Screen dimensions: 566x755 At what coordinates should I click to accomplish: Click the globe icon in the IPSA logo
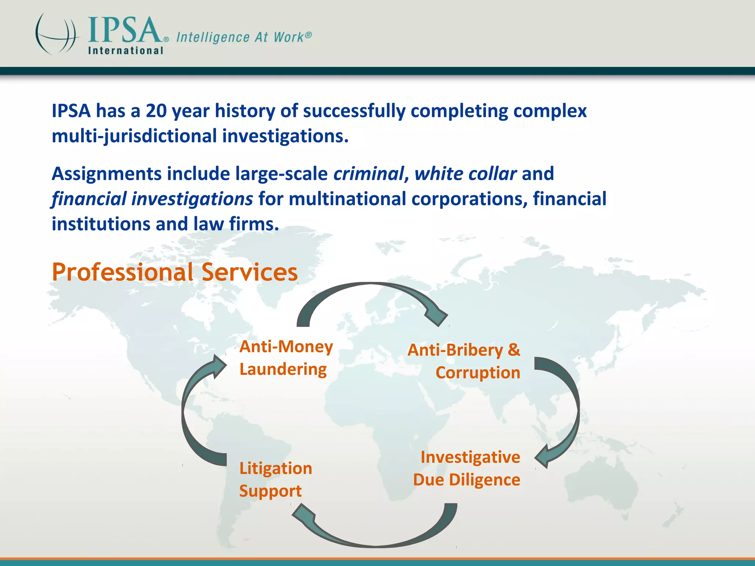click(57, 34)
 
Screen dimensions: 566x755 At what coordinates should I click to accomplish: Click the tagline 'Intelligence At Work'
click(244, 37)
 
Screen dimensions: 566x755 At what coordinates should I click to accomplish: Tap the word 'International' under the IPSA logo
click(125, 50)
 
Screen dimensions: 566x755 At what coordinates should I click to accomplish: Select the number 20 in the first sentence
click(156, 111)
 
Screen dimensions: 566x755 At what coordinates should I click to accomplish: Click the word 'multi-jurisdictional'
click(134, 136)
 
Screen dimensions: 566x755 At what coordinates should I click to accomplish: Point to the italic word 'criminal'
click(369, 174)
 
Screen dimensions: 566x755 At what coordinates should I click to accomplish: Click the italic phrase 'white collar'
click(465, 174)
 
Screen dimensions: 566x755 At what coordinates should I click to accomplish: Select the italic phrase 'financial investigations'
click(152, 199)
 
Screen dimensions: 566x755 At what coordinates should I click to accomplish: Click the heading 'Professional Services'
click(174, 272)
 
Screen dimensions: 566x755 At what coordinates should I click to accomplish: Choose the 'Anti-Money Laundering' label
click(286, 358)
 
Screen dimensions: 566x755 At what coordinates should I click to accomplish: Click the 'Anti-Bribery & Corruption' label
click(464, 361)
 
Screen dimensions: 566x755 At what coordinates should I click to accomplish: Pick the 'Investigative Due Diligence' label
click(467, 468)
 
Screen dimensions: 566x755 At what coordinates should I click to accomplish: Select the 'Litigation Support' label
click(275, 479)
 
